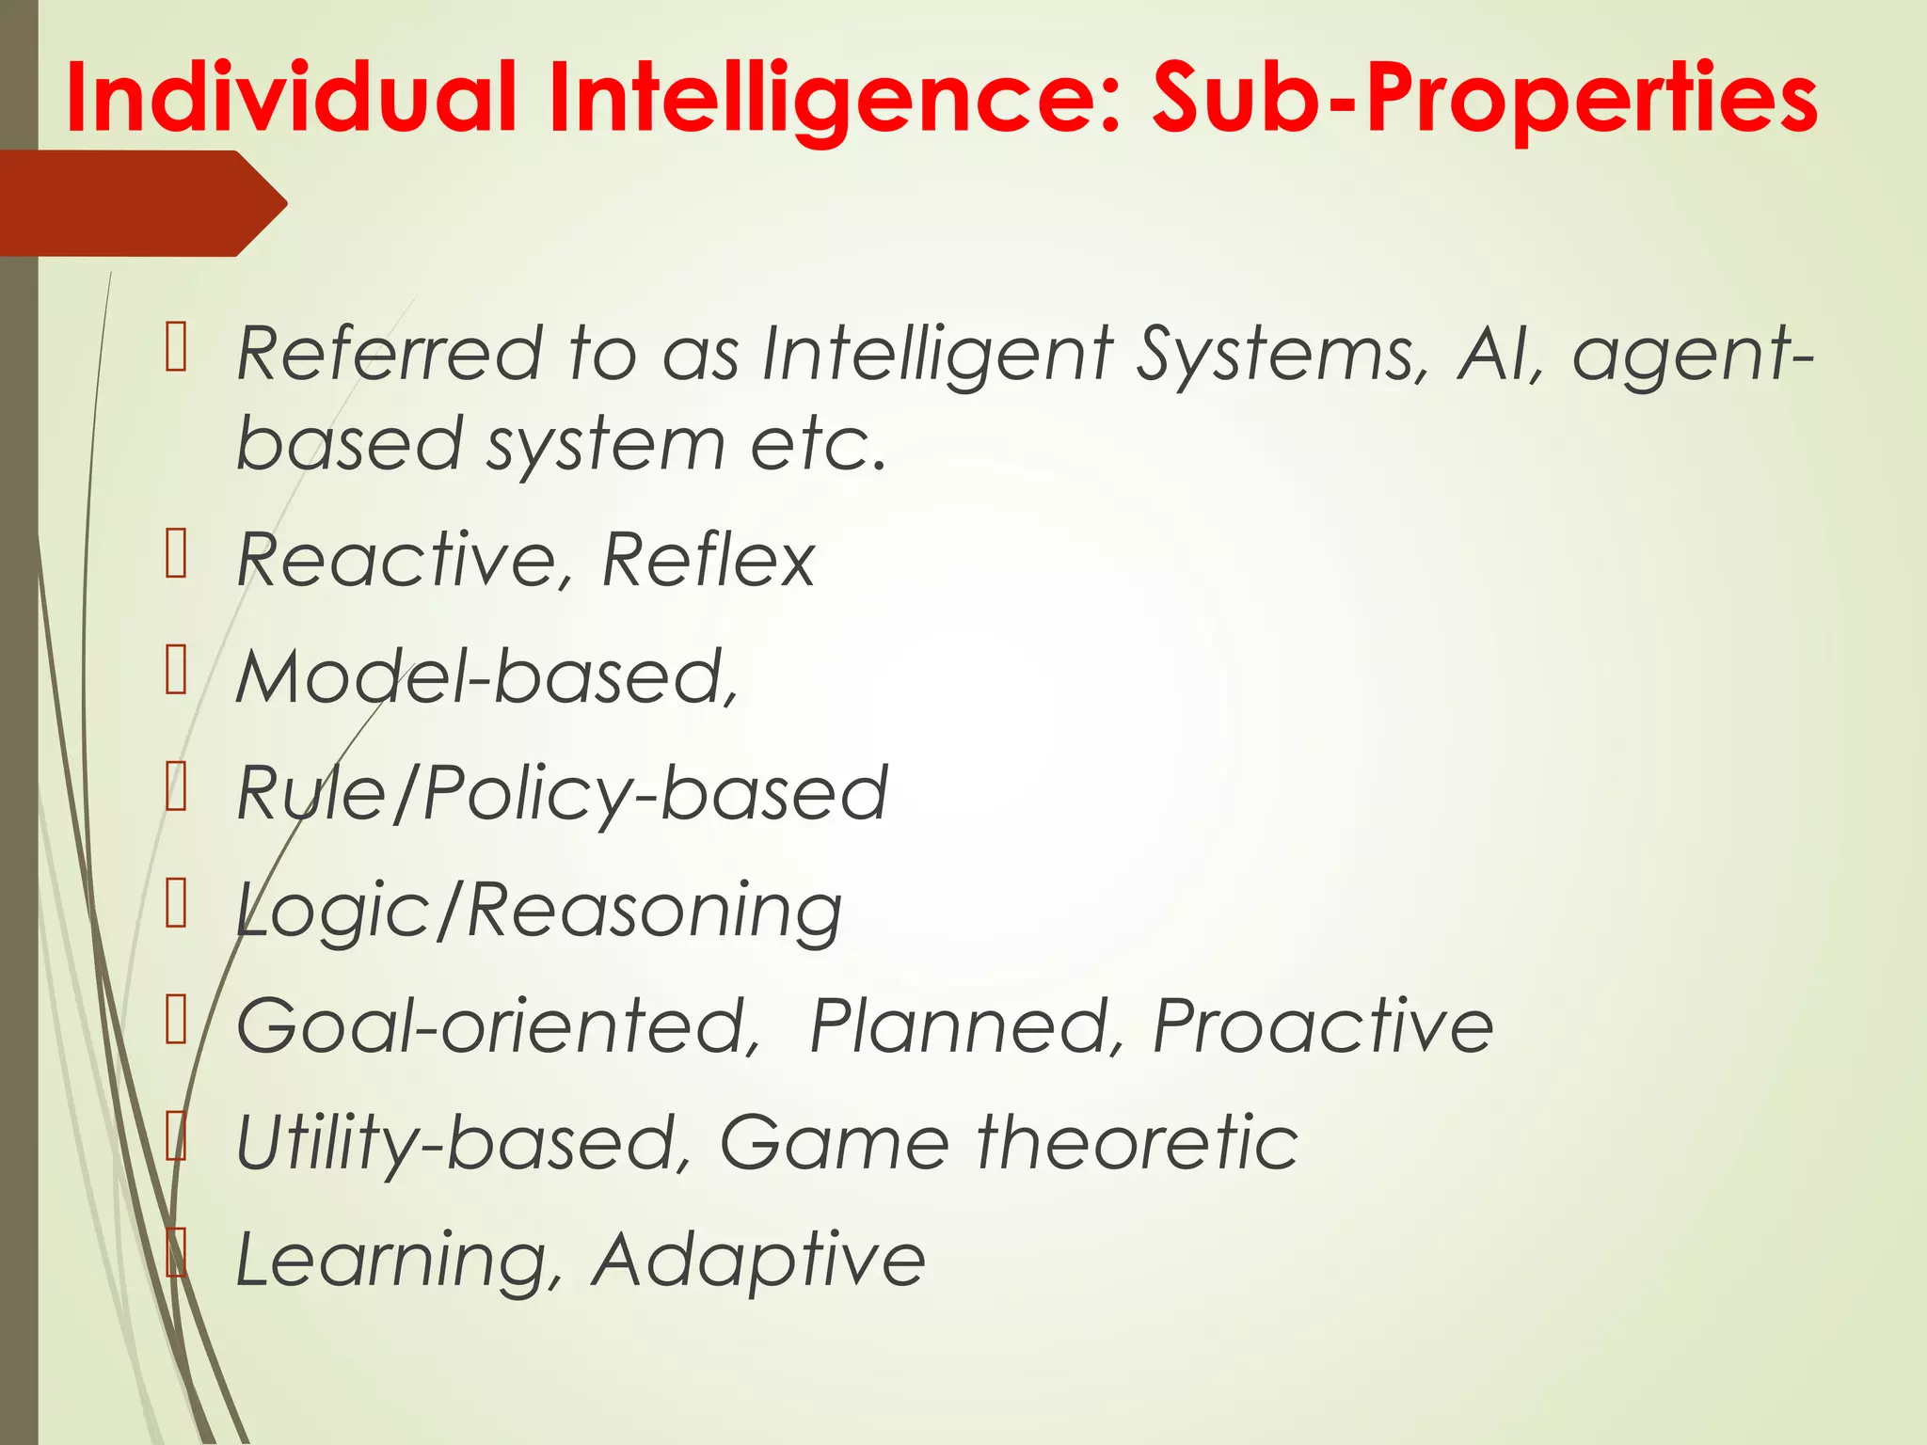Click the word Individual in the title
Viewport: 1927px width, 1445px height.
291,98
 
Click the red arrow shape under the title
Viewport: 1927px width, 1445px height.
141,203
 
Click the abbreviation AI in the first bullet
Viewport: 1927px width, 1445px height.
1500,354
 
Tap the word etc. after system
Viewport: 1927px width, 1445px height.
819,443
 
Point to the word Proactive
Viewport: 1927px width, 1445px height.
1323,1025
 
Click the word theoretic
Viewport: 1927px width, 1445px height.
1138,1142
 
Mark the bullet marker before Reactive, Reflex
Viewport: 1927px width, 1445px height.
176,554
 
